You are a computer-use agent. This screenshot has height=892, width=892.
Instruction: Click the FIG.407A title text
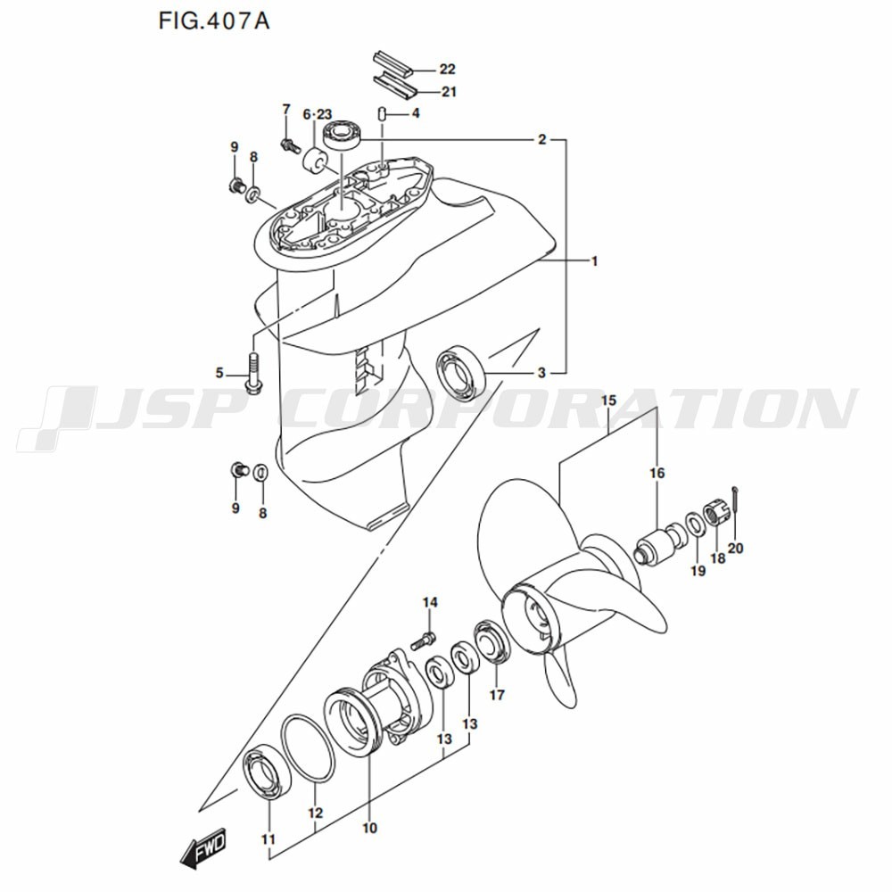click(x=213, y=21)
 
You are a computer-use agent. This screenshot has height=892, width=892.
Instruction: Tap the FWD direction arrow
click(x=203, y=847)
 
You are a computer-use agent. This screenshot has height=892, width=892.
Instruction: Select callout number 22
click(x=447, y=69)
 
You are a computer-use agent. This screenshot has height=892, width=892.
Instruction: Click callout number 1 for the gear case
click(x=594, y=261)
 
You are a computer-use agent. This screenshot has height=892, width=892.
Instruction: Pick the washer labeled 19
click(x=694, y=524)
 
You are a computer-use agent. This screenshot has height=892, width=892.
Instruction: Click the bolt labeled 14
click(x=423, y=640)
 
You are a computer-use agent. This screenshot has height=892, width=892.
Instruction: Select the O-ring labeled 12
click(x=308, y=748)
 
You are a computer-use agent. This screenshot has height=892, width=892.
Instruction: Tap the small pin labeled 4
click(x=383, y=114)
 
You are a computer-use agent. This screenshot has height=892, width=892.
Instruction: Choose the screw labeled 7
click(x=290, y=145)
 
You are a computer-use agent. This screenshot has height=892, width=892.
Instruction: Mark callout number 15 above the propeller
click(x=608, y=401)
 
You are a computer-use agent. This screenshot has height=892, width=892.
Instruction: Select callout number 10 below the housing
click(x=370, y=827)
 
